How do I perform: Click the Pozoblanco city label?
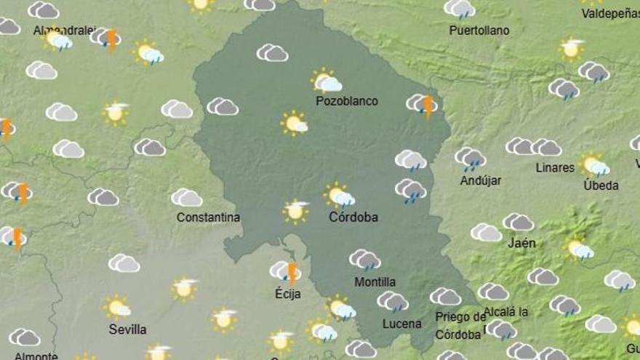point(347,101)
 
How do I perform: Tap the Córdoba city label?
point(353,217)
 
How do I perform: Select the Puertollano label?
point(479,31)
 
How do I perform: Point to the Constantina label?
point(208,217)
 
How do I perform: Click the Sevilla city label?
point(127,329)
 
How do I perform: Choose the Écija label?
point(287,295)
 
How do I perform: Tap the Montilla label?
point(375,281)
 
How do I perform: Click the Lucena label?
point(401,324)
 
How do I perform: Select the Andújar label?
point(481,180)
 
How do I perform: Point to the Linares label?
point(555,168)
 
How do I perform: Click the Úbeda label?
point(601,185)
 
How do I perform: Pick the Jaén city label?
point(521,243)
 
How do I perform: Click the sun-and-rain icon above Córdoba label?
point(339,195)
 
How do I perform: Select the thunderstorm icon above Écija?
point(286,272)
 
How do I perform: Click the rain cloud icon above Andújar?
point(471,158)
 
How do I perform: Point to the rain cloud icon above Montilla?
point(364,260)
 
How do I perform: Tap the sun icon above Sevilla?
point(116,307)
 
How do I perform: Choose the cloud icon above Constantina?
point(187,198)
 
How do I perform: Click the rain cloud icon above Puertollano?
point(460,9)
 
